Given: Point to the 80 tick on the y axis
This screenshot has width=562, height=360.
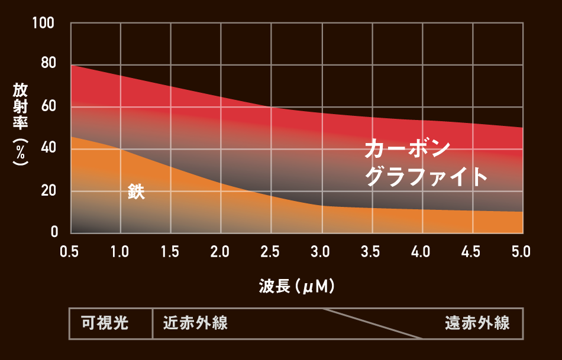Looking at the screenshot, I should (x=47, y=64).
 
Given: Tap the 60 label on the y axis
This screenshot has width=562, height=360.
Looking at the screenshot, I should (x=47, y=107).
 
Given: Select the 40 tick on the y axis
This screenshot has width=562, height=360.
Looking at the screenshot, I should (x=47, y=148).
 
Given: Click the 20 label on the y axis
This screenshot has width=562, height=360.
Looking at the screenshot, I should (x=47, y=191).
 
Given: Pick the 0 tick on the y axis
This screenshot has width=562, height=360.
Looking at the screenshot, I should (x=54, y=231).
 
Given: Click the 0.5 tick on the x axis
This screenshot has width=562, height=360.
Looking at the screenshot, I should (x=70, y=252).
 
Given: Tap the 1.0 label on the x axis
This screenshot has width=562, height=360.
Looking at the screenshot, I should (x=120, y=252).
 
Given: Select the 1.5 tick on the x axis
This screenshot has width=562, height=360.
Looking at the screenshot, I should (x=170, y=252).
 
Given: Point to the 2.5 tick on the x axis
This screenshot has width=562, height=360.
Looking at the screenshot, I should (x=270, y=252).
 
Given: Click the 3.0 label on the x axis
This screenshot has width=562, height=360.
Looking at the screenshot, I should (x=321, y=252).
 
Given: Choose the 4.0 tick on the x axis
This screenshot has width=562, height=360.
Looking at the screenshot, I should (x=421, y=252).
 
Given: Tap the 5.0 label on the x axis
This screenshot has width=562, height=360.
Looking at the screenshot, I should (x=521, y=252).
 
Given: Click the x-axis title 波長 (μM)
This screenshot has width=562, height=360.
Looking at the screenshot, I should (x=298, y=287).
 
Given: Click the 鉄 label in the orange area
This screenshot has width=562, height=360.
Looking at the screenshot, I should (x=136, y=192).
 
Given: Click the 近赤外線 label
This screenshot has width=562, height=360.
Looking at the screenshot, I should (x=195, y=323).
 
